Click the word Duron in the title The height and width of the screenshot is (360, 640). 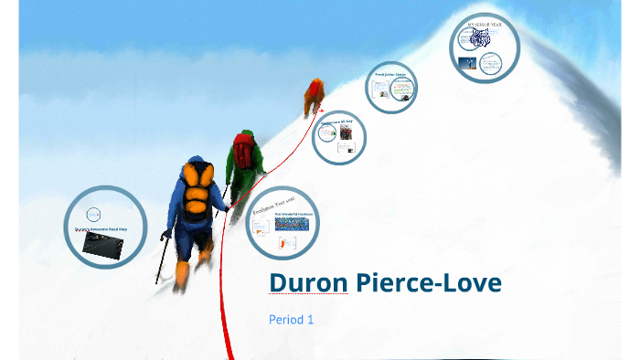(x=307, y=284)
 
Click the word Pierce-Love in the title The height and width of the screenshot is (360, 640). (x=427, y=284)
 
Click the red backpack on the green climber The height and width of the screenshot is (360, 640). (x=243, y=149)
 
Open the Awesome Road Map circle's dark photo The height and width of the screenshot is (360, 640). (x=101, y=243)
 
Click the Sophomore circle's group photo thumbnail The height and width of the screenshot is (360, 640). (x=346, y=133)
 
